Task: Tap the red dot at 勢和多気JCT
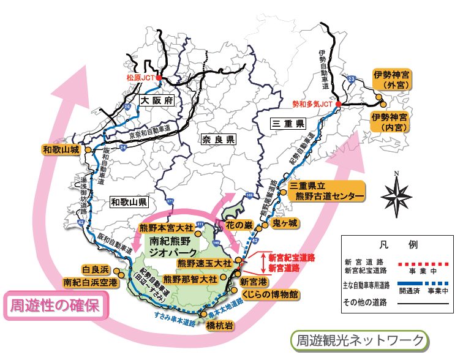pyautogui.click(x=338, y=105)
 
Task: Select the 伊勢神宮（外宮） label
pyautogui.click(x=393, y=79)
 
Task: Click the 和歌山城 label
pyautogui.click(x=61, y=149)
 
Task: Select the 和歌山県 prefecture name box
pyautogui.click(x=128, y=201)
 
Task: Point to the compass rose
pyautogui.click(x=396, y=195)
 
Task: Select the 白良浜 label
pyautogui.click(x=96, y=270)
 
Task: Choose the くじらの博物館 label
pyautogui.click(x=269, y=294)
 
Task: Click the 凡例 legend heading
pyautogui.click(x=399, y=244)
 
